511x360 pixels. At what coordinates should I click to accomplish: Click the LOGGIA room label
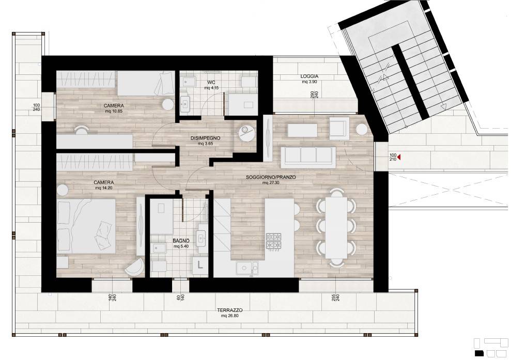(x=309, y=76)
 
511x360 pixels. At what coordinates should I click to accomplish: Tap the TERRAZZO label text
(x=230, y=310)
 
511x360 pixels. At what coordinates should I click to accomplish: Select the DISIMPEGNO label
(x=205, y=138)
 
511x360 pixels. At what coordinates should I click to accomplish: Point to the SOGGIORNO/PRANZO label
(x=271, y=177)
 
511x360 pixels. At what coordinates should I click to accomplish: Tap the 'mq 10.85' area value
(x=114, y=111)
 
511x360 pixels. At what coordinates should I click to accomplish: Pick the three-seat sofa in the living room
(x=308, y=157)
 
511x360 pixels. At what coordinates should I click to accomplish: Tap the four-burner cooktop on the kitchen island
(x=274, y=242)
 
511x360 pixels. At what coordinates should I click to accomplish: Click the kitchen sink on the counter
(x=247, y=269)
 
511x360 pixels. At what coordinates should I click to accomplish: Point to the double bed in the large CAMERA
(x=86, y=226)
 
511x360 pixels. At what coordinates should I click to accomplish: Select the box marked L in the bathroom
(x=200, y=265)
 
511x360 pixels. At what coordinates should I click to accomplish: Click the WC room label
(x=211, y=82)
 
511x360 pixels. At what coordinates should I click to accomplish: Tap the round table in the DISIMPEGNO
(x=246, y=133)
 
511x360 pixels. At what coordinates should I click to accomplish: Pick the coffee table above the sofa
(x=302, y=130)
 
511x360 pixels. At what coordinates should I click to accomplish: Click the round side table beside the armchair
(x=362, y=129)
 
